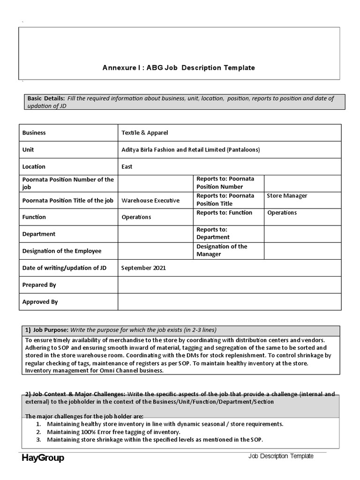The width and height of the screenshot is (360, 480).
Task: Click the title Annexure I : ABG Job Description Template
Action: point(179,67)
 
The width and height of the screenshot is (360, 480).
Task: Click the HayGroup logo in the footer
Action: point(43,458)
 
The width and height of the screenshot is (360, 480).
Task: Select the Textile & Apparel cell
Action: point(144,133)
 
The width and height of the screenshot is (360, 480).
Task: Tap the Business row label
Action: point(34,133)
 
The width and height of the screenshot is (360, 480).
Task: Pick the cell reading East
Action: point(127,166)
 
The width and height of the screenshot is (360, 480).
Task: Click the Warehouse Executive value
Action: point(150,200)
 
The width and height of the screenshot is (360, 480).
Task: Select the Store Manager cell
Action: point(287,196)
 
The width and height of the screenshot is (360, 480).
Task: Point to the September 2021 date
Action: point(143,268)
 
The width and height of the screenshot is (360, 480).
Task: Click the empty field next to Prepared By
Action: point(229,285)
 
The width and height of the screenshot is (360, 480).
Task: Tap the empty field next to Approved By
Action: point(229,302)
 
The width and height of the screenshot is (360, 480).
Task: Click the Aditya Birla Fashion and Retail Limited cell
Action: point(190,150)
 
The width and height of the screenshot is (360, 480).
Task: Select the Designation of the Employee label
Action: point(62,251)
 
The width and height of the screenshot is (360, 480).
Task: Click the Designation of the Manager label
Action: point(222,250)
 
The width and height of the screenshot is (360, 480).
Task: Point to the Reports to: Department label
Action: point(212,233)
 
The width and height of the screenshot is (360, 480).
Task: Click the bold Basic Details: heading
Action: point(46,98)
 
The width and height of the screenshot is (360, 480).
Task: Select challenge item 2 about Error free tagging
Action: point(113,432)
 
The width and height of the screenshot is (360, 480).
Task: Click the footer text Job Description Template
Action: point(281,456)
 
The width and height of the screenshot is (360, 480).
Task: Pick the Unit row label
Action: point(28,150)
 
